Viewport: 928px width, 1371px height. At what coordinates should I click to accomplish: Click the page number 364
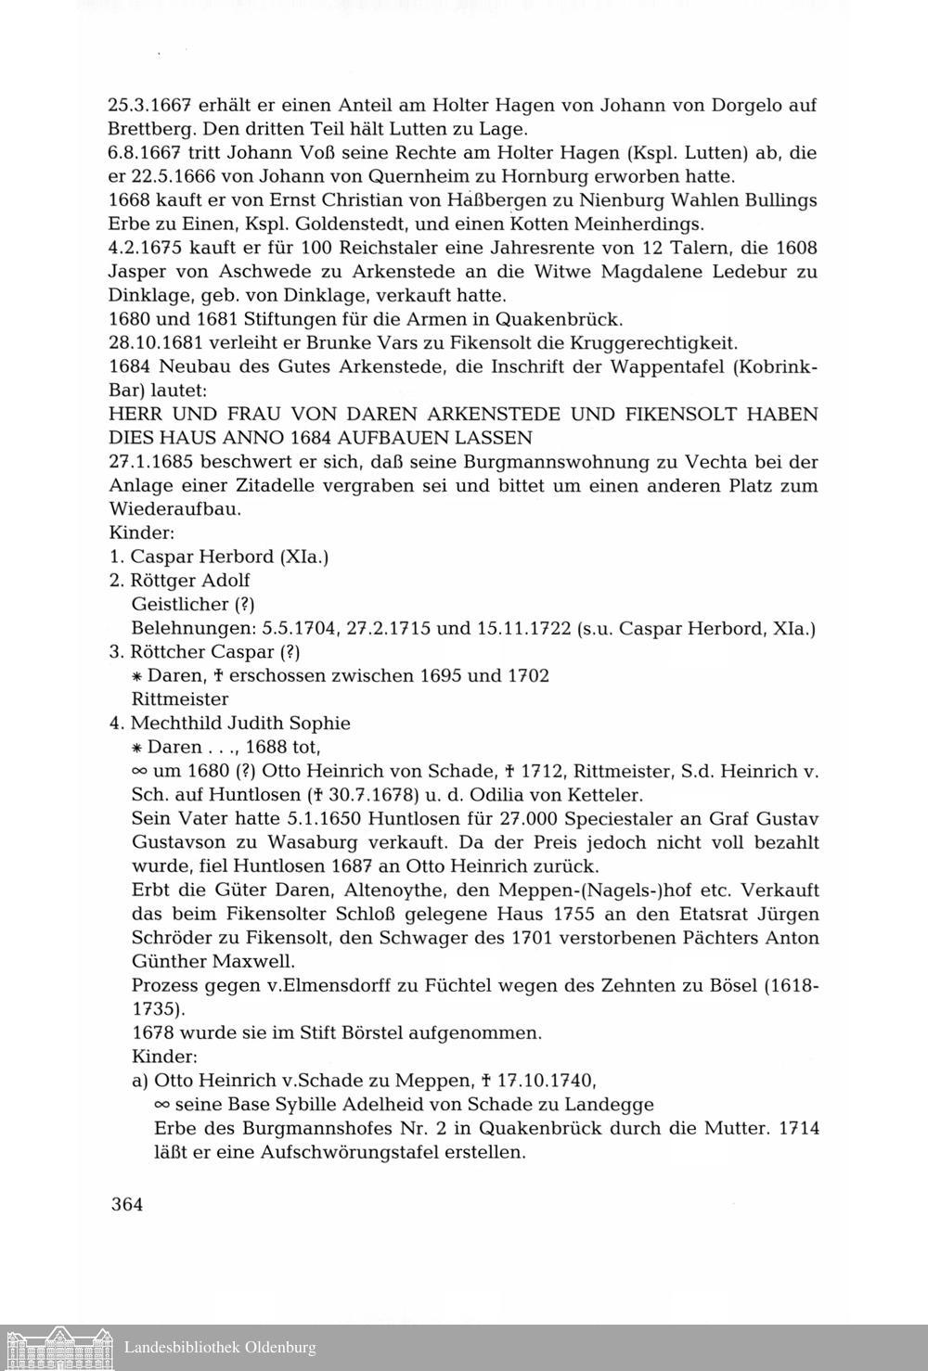[x=126, y=1205]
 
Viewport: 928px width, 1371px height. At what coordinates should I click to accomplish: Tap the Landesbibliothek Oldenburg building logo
[x=58, y=1346]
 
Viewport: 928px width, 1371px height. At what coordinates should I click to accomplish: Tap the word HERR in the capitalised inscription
[x=135, y=415]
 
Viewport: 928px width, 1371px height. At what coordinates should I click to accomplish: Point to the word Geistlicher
[x=181, y=604]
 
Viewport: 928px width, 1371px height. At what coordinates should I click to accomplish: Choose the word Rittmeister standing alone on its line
[x=180, y=698]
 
